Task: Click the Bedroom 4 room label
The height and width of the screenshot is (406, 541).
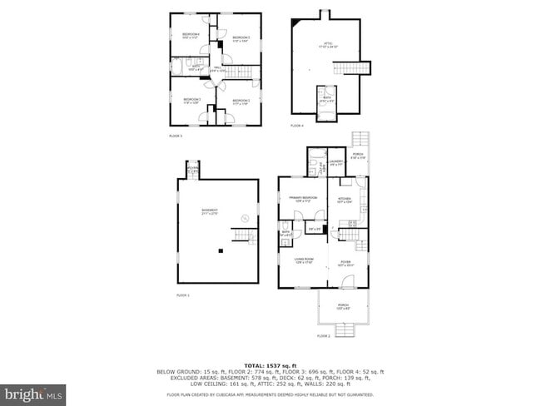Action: click(x=191, y=35)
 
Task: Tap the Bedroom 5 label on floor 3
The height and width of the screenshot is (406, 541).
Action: click(x=241, y=38)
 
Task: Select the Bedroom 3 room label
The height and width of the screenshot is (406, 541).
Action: click(x=192, y=101)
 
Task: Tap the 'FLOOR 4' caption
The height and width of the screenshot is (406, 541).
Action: click(x=297, y=126)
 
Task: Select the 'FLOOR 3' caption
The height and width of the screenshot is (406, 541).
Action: click(x=176, y=135)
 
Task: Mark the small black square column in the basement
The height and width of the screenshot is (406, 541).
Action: click(x=221, y=250)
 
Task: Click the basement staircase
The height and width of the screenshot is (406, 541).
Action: click(x=242, y=237)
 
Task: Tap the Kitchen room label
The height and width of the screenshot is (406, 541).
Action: click(x=345, y=201)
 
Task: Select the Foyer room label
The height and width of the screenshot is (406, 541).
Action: click(x=345, y=263)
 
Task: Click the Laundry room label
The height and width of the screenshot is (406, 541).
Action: click(x=336, y=162)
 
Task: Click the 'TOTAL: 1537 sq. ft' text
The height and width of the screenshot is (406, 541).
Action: click(x=270, y=365)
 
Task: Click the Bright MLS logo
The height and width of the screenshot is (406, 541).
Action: click(x=33, y=391)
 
